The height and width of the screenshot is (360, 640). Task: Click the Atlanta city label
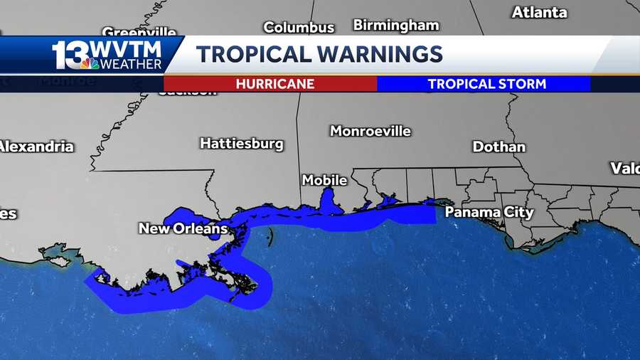(539, 12)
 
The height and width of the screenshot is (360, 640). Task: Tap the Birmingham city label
(396, 26)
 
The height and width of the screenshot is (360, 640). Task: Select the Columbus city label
(299, 28)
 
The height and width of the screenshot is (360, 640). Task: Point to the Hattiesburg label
(242, 144)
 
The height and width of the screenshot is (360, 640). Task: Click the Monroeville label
(370, 131)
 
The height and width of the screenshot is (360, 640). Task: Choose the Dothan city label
(499, 147)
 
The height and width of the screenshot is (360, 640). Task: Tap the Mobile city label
(324, 180)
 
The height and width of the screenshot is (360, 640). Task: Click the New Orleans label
(183, 228)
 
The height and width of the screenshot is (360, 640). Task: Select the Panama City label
(489, 212)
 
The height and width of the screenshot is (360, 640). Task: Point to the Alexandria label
(36, 147)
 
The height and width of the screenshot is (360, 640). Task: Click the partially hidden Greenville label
(139, 32)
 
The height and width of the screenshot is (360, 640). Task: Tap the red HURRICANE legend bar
(270, 84)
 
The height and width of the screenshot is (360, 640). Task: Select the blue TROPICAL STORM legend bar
(484, 84)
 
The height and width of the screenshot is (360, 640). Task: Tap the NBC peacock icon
(90, 64)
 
